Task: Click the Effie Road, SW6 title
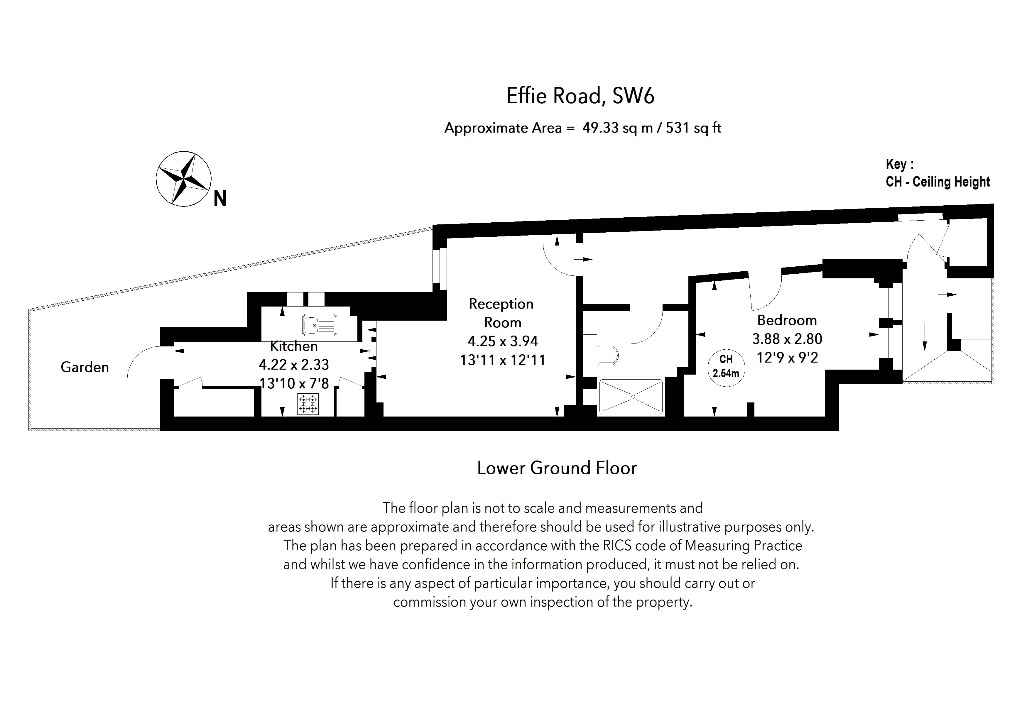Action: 580,96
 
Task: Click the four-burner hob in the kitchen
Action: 308,404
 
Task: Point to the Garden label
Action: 85,367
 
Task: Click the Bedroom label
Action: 787,320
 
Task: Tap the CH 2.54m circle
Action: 726,367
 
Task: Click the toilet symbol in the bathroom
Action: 606,355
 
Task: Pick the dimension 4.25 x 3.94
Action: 502,341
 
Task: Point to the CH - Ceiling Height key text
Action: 937,182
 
